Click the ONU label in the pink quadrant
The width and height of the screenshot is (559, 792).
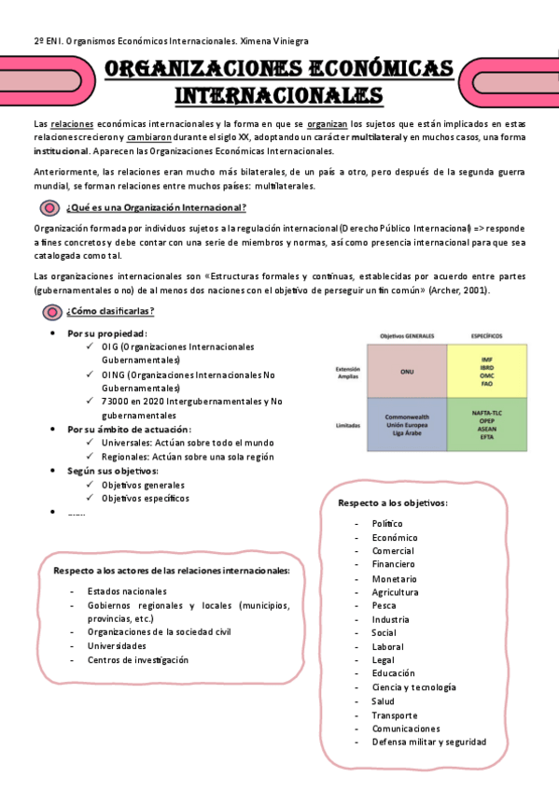407,371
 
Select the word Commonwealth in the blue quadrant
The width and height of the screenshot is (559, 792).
407,417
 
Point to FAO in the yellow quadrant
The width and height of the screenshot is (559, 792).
487,382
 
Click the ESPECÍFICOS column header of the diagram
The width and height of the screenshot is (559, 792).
487,335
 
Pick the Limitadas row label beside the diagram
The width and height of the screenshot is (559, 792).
347,426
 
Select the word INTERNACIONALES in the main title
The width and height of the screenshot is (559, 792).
279,95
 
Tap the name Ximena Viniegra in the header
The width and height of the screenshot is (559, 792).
273,41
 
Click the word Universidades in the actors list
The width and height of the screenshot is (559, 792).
117,645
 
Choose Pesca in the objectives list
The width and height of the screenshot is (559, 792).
384,605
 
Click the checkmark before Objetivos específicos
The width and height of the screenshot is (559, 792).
90,498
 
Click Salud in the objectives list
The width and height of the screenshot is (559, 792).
383,700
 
